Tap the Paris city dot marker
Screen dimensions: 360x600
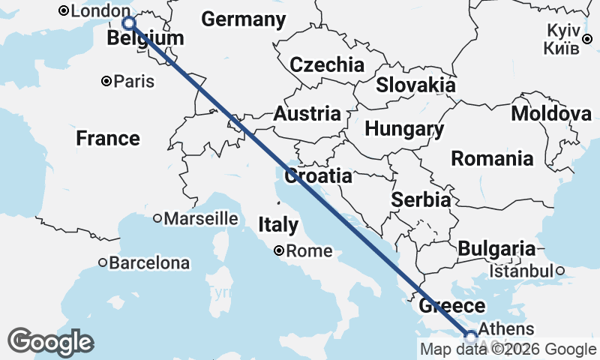[107, 81]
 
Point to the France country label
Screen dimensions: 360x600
[108, 139]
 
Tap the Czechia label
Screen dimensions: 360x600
[327, 64]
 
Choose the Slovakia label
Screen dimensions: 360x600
[415, 85]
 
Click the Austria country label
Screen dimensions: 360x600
[307, 114]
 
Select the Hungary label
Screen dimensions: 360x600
[404, 129]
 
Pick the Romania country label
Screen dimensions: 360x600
[492, 159]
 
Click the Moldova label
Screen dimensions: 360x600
[551, 114]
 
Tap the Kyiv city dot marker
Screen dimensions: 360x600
[587, 39]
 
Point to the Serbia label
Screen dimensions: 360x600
[421, 200]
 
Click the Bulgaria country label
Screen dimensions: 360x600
[496, 249]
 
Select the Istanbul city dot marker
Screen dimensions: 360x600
[559, 271]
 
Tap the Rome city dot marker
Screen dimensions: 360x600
[279, 251]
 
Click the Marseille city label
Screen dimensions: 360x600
[201, 219]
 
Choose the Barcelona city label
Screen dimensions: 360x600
[149, 263]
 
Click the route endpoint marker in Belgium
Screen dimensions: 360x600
[129, 23]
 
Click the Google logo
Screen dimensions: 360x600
[50, 342]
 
